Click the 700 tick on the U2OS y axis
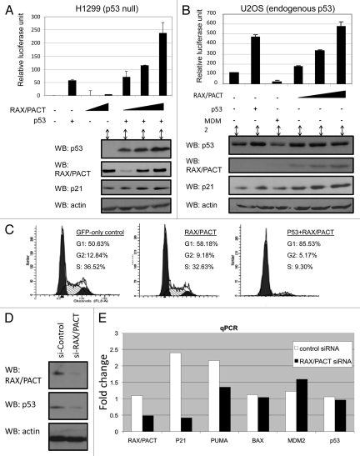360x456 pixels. click(219, 12)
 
